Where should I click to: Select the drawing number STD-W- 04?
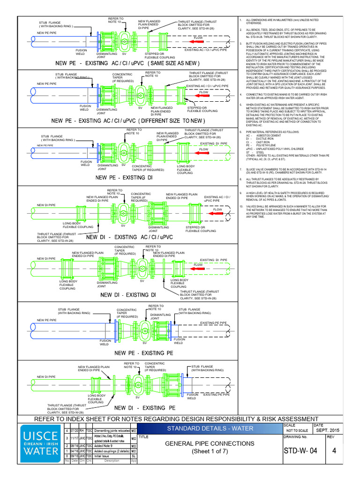pyautogui.click(x=302, y=451)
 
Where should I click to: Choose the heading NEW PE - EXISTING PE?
pyautogui.click(x=139, y=353)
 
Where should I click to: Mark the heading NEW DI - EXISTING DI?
pyautogui.click(x=127, y=295)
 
